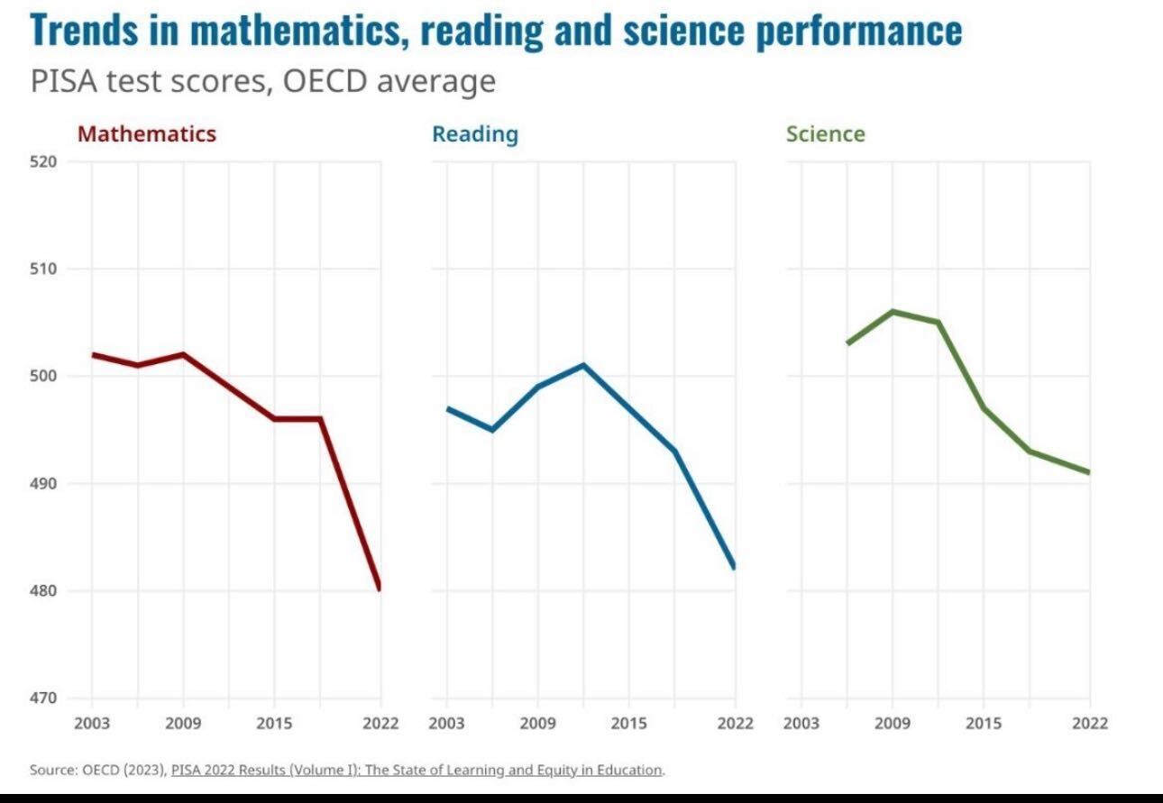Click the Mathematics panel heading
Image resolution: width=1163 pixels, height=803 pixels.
(x=147, y=134)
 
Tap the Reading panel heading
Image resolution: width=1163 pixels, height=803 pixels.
(x=475, y=134)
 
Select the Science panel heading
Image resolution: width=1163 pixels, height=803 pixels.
(x=825, y=134)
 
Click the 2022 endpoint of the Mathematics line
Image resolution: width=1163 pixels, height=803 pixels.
(x=380, y=589)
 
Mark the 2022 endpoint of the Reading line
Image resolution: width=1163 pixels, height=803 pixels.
(x=734, y=568)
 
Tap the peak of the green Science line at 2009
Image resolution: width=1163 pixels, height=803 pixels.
(x=893, y=312)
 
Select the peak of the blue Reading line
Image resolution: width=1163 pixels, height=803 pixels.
(x=583, y=365)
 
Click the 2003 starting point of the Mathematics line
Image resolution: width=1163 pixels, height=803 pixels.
(x=93, y=354)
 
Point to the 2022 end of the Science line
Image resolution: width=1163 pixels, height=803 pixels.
(x=1089, y=472)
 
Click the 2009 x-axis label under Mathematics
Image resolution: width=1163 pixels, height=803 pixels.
(x=183, y=724)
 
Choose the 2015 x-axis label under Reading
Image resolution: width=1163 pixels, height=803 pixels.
(x=628, y=724)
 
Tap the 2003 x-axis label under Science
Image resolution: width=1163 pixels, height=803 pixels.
(x=801, y=724)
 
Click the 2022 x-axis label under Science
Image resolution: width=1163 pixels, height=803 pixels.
(x=1089, y=724)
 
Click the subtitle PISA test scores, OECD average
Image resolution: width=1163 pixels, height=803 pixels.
(x=262, y=81)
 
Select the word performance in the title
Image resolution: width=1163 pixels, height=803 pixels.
(x=858, y=30)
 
